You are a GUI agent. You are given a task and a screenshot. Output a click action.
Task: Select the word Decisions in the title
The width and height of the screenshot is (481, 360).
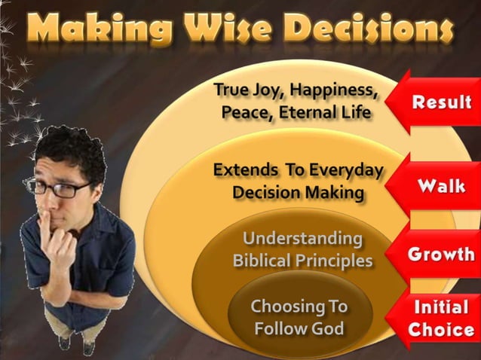(x=375, y=29)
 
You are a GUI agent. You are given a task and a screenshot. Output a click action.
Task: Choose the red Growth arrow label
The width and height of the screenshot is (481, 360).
(x=441, y=254)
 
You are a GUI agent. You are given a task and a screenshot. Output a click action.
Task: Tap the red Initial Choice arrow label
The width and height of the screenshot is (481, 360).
(x=441, y=319)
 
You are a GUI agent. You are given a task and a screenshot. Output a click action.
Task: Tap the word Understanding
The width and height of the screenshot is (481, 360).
(x=302, y=239)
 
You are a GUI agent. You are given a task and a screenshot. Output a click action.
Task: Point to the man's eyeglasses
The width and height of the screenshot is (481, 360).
(x=59, y=188)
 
